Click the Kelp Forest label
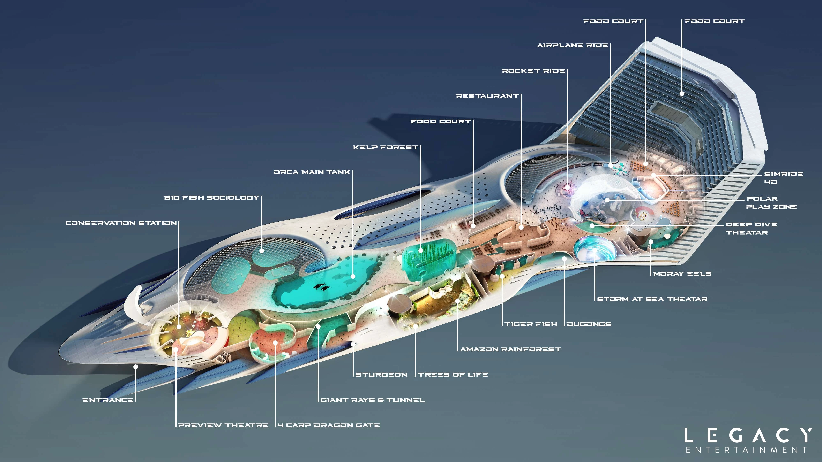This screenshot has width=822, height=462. pyautogui.click(x=385, y=147)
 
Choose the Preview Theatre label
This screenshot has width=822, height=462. pyautogui.click(x=223, y=425)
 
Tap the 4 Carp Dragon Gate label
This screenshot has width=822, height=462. pyautogui.click(x=328, y=425)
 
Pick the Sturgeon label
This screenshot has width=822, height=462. pyautogui.click(x=381, y=375)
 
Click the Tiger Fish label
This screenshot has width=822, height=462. pyautogui.click(x=531, y=324)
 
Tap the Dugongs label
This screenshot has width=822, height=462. pyautogui.click(x=589, y=324)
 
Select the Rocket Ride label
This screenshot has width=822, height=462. pyautogui.click(x=533, y=71)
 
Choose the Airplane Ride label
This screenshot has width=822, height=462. pyautogui.click(x=573, y=45)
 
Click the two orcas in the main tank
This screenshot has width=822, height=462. pyautogui.click(x=322, y=288)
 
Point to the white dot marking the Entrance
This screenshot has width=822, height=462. pyautogui.click(x=136, y=367)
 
